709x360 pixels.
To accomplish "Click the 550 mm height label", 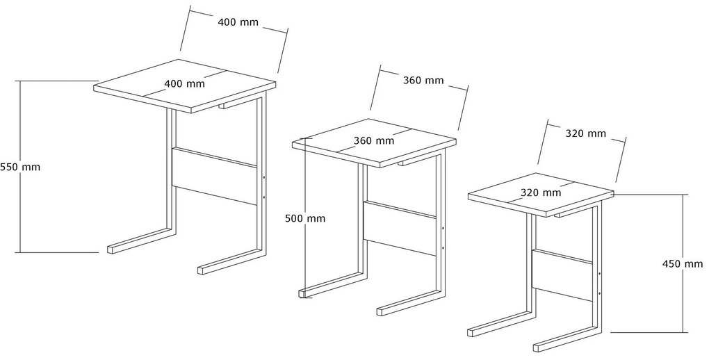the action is point(20,167).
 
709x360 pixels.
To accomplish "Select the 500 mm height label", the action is point(304,218).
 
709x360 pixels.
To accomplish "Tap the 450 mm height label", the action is point(683,263).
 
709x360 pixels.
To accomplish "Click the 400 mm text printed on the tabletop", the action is point(184,83).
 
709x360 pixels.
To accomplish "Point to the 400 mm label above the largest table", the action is point(238,22).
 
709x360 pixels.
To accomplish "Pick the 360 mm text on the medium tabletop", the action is point(374,140).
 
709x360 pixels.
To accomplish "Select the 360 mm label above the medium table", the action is point(423,81).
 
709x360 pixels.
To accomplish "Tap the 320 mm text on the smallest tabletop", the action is point(541,193).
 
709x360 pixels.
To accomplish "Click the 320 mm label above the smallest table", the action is point(585,133).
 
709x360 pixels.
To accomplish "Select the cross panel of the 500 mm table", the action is point(400,228).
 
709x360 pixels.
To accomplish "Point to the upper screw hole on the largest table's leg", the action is point(263,178).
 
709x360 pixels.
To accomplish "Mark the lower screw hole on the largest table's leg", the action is point(263,197).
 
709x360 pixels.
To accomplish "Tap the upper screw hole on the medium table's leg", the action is point(443,229).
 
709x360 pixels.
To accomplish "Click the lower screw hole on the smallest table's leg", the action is point(599,293).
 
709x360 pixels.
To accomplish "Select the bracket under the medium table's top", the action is point(413,161).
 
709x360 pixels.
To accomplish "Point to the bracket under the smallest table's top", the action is point(568,213).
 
